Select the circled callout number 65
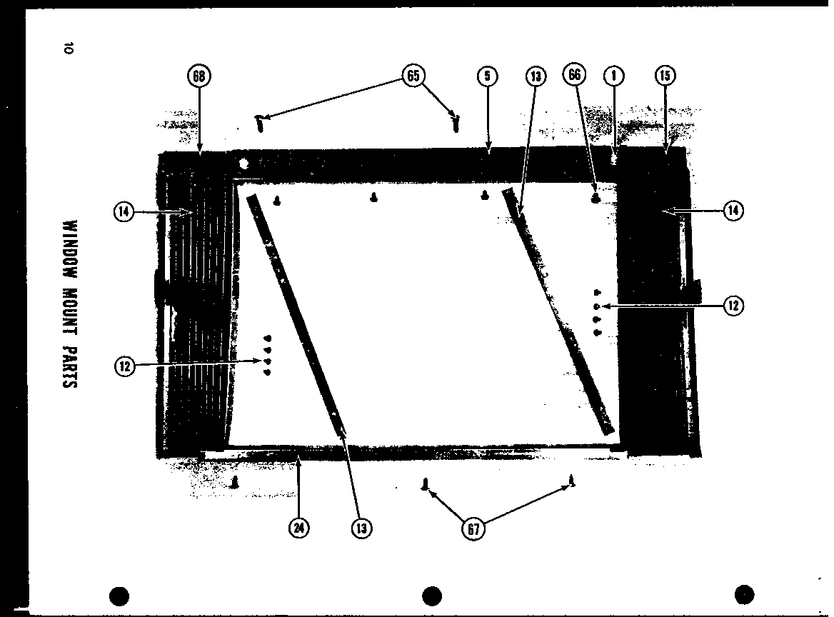[413, 76]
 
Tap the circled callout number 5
[486, 76]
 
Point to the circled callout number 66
[574, 76]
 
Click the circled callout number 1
[613, 76]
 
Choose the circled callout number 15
[665, 76]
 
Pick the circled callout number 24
[298, 528]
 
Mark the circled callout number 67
[472, 529]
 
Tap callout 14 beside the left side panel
[124, 211]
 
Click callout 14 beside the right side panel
[733, 211]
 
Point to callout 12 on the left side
[125, 366]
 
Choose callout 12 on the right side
[733, 306]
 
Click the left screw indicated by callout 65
[261, 124]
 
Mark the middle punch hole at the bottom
[431, 595]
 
